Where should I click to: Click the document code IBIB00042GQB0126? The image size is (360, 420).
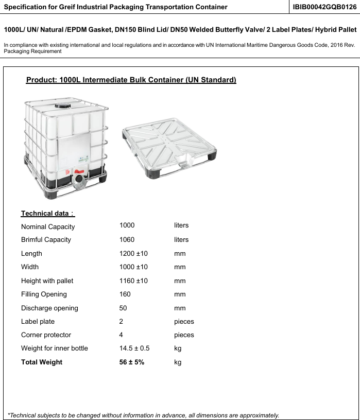324,7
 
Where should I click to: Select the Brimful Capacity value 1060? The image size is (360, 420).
127,240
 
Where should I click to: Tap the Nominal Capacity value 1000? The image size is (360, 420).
127,225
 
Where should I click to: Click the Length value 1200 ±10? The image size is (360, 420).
133,254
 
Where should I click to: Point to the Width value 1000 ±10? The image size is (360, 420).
133,267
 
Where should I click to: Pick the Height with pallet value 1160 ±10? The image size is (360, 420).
133,281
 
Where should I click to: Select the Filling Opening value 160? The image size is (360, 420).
125,294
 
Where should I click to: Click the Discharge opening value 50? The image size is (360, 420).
123,308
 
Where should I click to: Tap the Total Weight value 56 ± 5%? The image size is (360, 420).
132,362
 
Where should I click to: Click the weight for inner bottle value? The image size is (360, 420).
134,348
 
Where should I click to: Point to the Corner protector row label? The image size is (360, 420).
46,335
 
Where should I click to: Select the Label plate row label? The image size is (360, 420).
38,322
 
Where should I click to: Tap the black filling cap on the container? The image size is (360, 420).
64,104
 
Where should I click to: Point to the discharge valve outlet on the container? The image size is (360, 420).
79,181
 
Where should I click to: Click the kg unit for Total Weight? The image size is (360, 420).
178,362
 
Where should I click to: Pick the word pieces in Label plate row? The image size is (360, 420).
184,322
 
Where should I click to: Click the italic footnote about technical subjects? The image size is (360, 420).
144,415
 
